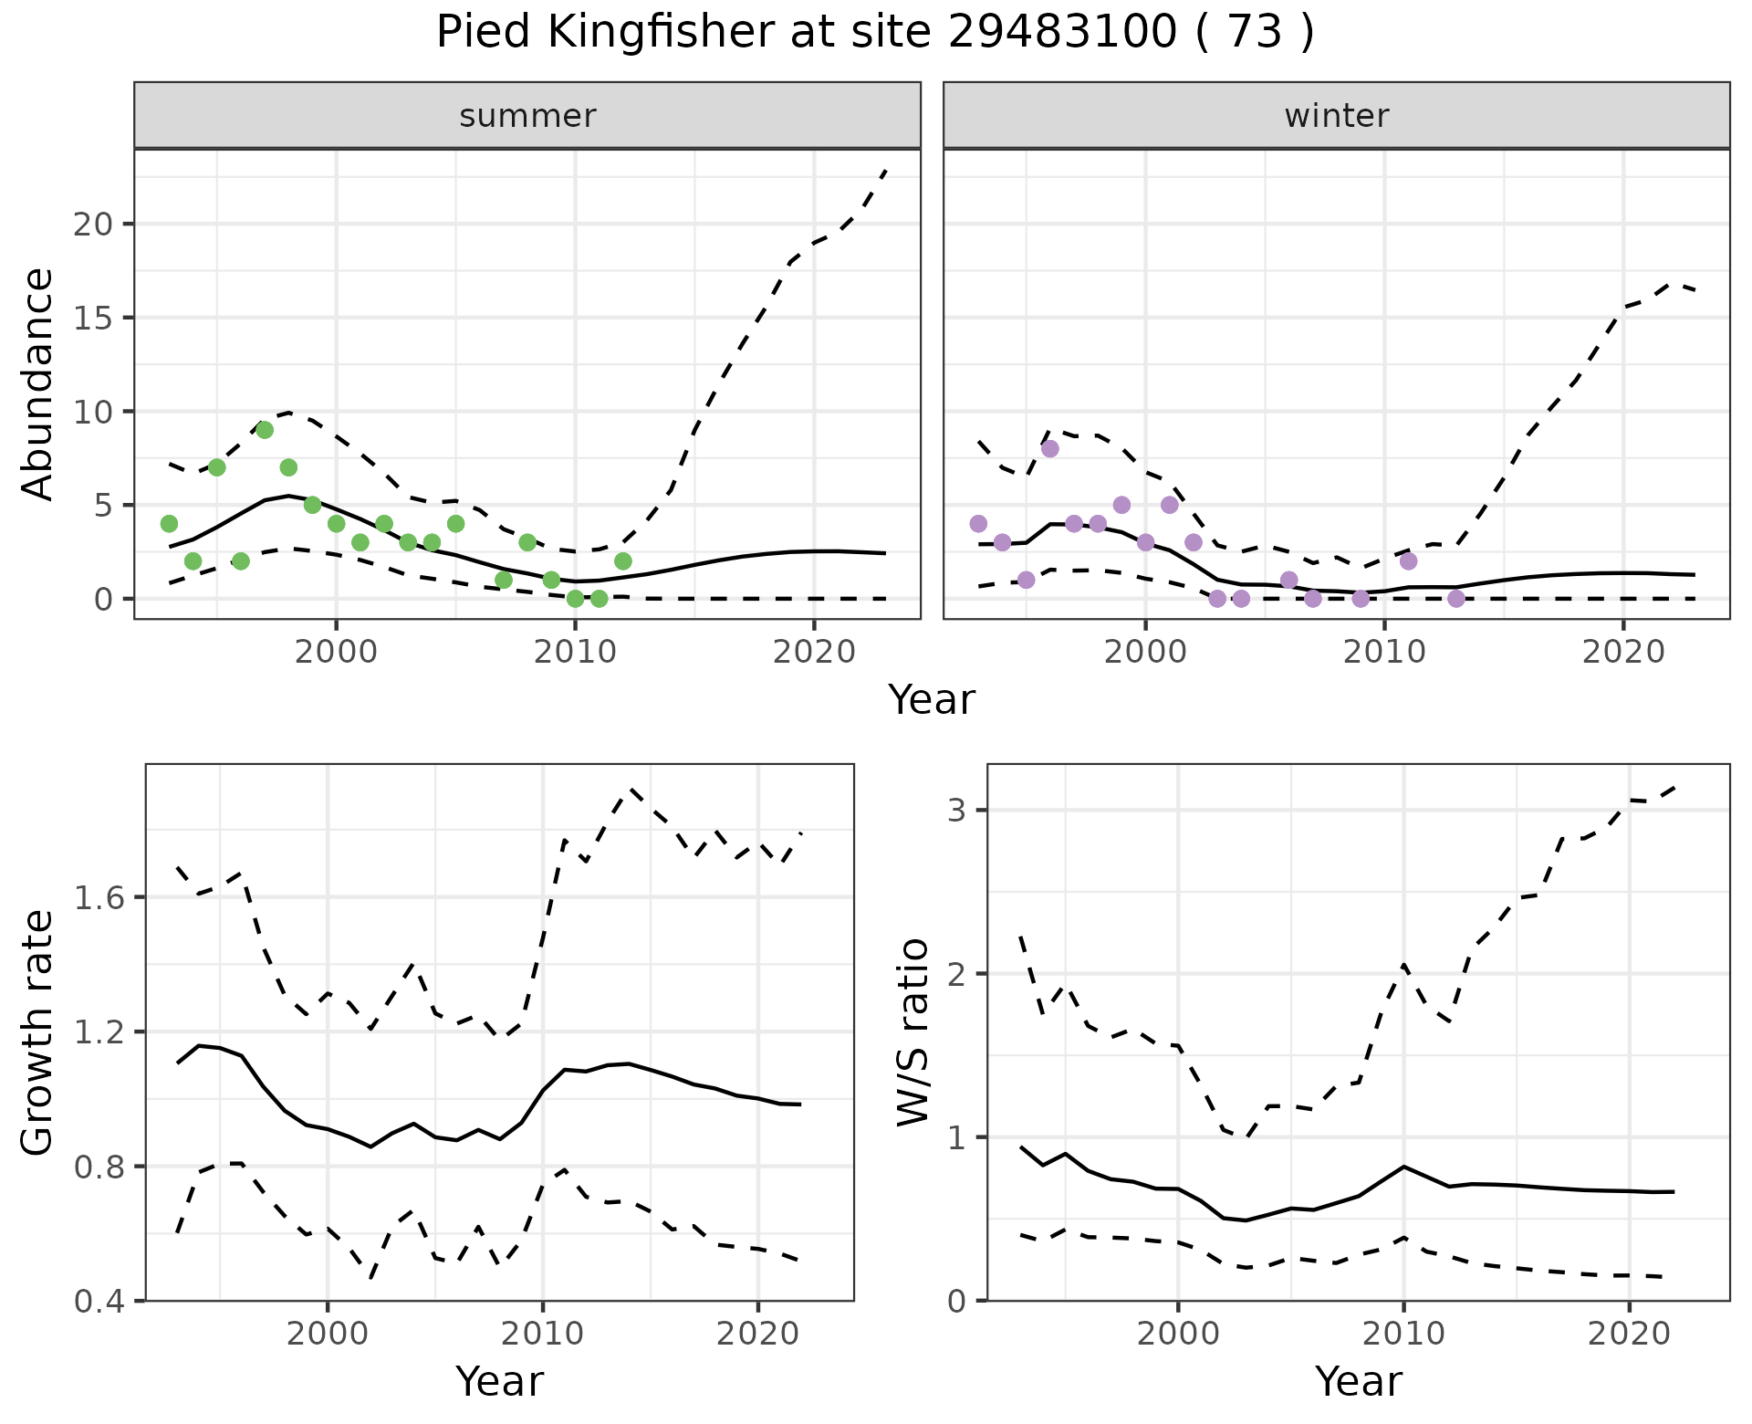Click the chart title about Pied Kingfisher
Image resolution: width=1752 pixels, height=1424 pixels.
(875, 33)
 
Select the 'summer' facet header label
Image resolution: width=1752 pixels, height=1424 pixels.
(527, 116)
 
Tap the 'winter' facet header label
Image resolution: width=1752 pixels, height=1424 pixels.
(1336, 116)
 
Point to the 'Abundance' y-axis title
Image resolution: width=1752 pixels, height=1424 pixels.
(37, 383)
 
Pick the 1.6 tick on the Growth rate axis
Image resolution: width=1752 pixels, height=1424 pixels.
(102, 897)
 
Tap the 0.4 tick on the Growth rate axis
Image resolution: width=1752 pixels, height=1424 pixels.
(102, 1300)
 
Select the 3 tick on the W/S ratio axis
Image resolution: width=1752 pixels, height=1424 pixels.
(957, 811)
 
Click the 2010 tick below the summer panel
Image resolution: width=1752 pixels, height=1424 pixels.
(575, 652)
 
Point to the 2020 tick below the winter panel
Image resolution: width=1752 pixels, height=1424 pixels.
(1623, 652)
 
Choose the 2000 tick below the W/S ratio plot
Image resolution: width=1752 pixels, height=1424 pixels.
(1177, 1334)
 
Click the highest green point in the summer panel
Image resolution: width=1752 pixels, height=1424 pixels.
(265, 430)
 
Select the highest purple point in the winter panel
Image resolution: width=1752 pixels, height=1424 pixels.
(1049, 448)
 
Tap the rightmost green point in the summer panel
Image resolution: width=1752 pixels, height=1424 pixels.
(622, 560)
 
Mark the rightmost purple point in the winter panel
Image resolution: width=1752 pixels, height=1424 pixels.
(1456, 598)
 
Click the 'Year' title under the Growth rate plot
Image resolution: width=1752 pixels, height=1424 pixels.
(499, 1381)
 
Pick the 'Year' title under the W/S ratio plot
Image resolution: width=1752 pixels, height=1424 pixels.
(1358, 1381)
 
